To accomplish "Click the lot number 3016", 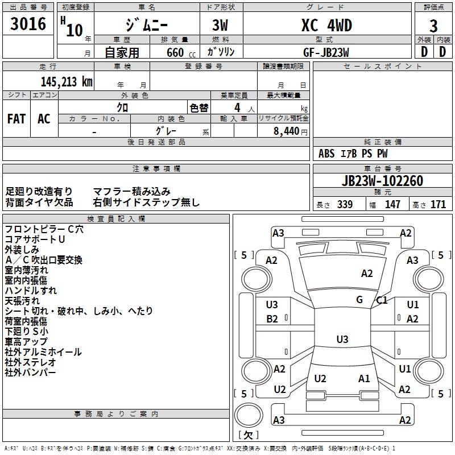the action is pyautogui.click(x=28, y=24).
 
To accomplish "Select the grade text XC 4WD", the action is pyautogui.click(x=326, y=26).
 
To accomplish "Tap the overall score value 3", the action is pyautogui.click(x=433, y=26).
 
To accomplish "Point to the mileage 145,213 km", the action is pyautogui.click(x=67, y=82).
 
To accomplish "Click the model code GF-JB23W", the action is pyautogui.click(x=326, y=52).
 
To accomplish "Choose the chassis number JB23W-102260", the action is pyautogui.click(x=382, y=181).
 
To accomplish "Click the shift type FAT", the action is pyautogui.click(x=16, y=119).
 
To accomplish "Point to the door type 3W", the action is pyautogui.click(x=221, y=26).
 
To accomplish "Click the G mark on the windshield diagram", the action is pyautogui.click(x=359, y=300).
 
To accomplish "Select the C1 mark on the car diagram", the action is pyautogui.click(x=382, y=300).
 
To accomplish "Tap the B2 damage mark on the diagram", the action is pyautogui.click(x=272, y=319).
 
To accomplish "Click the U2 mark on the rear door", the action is pyautogui.click(x=320, y=379).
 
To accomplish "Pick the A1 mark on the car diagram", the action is pyautogui.click(x=364, y=379).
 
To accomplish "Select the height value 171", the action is pyautogui.click(x=438, y=204).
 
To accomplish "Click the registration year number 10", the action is pyautogui.click(x=75, y=30).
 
